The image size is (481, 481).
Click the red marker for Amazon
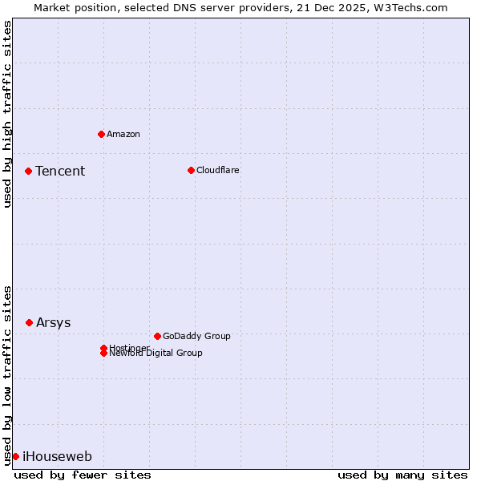coord(101,134)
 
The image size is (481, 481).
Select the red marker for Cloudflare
coord(191,170)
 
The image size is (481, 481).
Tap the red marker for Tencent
coord(28,171)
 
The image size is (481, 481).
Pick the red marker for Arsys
coord(29,322)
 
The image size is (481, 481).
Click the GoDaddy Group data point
coord(157,336)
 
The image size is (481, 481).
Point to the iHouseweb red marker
coord(15,456)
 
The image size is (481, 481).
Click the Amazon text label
coord(123,134)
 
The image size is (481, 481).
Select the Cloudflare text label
coord(218,170)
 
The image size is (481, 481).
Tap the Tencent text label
coord(60,171)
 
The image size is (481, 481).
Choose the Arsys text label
coord(54,322)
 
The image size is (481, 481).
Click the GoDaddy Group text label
coord(196,336)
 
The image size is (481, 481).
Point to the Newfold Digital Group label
coord(156,354)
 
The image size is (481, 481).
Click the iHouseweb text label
coord(57,457)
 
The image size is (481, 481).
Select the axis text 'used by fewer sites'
coord(83,475)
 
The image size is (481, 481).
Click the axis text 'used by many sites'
coord(402,475)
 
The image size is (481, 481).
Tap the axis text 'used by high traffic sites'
coord(7,114)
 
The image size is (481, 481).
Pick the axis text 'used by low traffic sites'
coord(7,374)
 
